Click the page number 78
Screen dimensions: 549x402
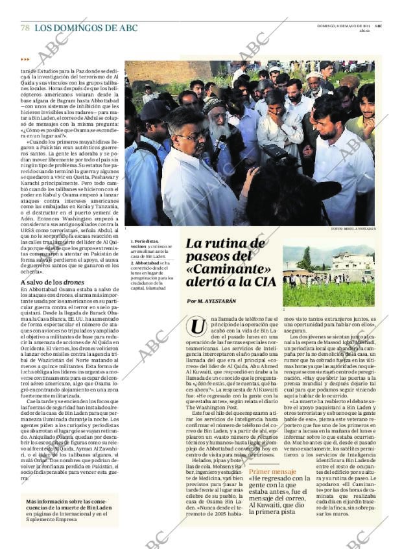click(x=25, y=28)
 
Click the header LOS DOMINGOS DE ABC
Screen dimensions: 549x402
click(x=86, y=28)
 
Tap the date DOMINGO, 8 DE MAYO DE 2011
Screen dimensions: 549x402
click(x=344, y=25)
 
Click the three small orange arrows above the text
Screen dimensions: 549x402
click(x=25, y=60)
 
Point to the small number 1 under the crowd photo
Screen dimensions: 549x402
click(x=126, y=229)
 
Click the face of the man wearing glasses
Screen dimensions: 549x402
click(x=187, y=135)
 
